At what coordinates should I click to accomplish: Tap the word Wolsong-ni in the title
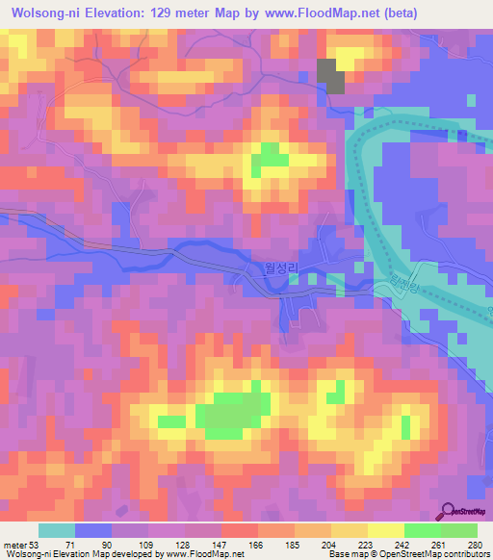click(44, 13)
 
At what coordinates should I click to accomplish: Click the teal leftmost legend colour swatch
click(57, 531)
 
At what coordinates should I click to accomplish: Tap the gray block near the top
click(331, 75)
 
